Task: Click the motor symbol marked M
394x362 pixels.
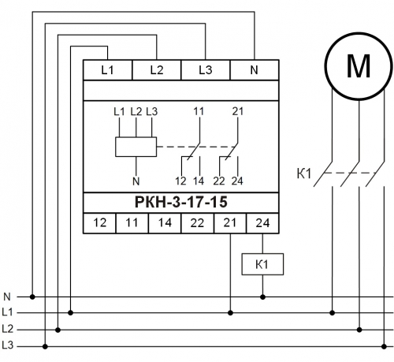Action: pyautogui.click(x=359, y=66)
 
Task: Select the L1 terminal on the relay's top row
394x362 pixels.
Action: pyautogui.click(x=107, y=70)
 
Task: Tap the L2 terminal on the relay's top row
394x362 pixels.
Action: pyautogui.click(x=157, y=70)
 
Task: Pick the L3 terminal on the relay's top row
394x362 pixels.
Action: pyautogui.click(x=206, y=70)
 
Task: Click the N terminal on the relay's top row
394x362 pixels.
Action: pyautogui.click(x=255, y=70)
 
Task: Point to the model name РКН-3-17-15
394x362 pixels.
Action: pyautogui.click(x=181, y=202)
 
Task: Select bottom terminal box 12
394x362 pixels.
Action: pyautogui.click(x=99, y=223)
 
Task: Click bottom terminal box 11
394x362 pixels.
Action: pyautogui.click(x=132, y=223)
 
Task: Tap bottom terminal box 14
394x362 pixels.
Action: pyautogui.click(x=165, y=223)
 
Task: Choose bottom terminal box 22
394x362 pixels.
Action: pyautogui.click(x=197, y=223)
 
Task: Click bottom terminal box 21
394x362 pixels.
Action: pyautogui.click(x=230, y=223)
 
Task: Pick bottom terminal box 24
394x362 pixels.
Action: pyautogui.click(x=262, y=223)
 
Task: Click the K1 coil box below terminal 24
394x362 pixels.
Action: pyautogui.click(x=262, y=264)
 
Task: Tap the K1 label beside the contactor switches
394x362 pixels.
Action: pyautogui.click(x=304, y=174)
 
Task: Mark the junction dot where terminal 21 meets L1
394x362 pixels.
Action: pyautogui.click(x=230, y=313)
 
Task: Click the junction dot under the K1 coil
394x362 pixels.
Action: pyautogui.click(x=262, y=297)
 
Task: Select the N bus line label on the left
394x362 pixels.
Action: pyautogui.click(x=7, y=297)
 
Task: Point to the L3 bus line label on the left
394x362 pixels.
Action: pyautogui.click(x=7, y=345)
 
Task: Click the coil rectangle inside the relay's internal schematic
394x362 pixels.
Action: pyautogui.click(x=136, y=147)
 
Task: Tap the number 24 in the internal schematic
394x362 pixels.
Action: pyautogui.click(x=237, y=181)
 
